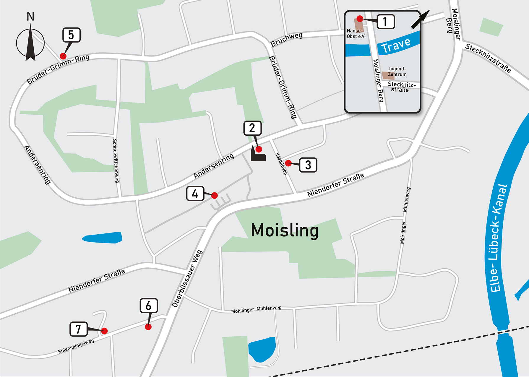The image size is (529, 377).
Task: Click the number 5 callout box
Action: (x=71, y=35)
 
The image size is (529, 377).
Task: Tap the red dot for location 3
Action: (x=288, y=163)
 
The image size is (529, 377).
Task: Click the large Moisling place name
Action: (x=285, y=230)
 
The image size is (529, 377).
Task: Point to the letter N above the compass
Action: (x=30, y=17)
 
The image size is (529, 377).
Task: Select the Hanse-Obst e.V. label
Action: (x=356, y=33)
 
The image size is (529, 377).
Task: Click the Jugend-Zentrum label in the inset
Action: (x=397, y=71)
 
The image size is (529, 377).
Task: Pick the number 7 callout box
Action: (x=78, y=329)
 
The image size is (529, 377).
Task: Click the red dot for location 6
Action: (x=148, y=326)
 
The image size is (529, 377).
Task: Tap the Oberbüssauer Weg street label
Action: (x=187, y=278)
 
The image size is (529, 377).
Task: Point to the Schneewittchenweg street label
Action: (x=116, y=161)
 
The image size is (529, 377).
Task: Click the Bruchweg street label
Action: (x=286, y=40)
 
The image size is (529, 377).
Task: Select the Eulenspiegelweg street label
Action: (x=76, y=346)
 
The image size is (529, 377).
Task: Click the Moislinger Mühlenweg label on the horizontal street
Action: (x=256, y=309)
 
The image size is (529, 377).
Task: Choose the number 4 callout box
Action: (x=195, y=194)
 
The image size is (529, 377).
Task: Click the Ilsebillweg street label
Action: (x=281, y=164)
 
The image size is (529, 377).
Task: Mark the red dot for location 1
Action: (x=360, y=19)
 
